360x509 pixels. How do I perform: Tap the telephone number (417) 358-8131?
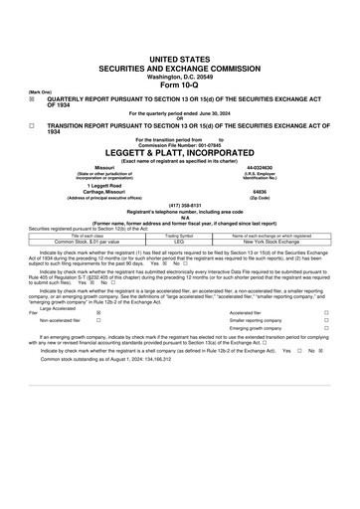179,206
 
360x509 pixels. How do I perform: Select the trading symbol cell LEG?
179,241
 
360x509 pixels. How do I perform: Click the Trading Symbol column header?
179,235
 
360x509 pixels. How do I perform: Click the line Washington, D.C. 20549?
179,76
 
